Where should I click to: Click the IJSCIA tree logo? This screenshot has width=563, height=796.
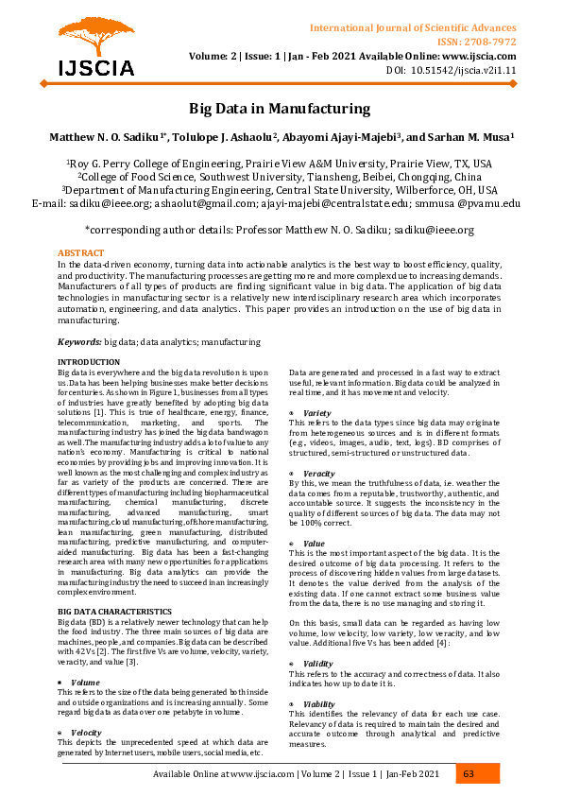89,47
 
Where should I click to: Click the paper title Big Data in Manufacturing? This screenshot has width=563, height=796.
281,109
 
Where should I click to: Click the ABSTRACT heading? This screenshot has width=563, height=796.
81,253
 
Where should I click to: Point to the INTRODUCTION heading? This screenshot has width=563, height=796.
89,362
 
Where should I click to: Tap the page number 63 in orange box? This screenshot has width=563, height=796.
469,774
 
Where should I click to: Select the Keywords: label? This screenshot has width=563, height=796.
79,340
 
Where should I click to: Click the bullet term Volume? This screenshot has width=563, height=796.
85,655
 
